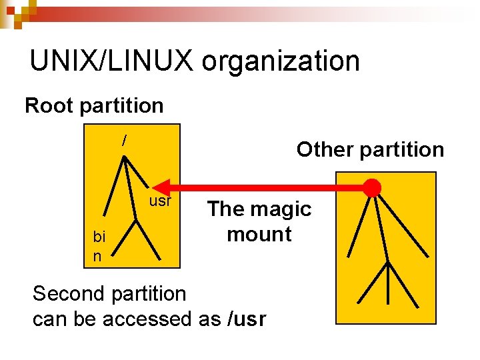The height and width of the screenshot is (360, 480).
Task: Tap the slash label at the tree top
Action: tap(123, 141)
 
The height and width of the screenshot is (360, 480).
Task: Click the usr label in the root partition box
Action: tap(160, 201)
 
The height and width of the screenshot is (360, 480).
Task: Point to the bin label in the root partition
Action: tap(99, 246)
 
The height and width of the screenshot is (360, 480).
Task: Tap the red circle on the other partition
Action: tap(371, 187)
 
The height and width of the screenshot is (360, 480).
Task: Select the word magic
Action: tap(281, 209)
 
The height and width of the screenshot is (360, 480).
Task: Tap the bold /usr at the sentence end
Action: tap(247, 319)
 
